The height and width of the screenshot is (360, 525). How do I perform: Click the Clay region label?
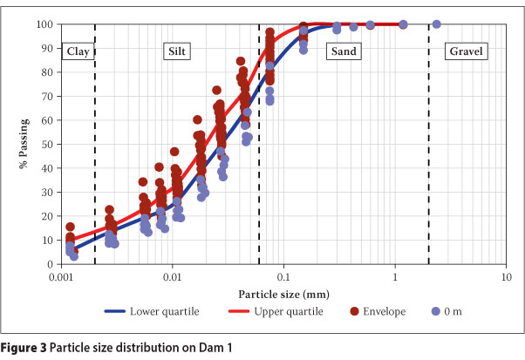click(78, 51)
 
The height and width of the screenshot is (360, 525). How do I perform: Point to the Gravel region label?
click(467, 51)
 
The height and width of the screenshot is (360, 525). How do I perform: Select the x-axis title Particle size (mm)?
click(283, 294)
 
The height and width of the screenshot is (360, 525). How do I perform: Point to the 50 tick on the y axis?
click(51, 144)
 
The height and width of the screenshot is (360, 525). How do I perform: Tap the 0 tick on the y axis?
click(53, 264)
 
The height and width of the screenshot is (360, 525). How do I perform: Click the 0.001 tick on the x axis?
click(61, 275)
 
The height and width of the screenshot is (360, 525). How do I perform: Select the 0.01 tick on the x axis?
click(173, 275)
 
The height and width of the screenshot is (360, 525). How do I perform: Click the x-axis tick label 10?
click(506, 275)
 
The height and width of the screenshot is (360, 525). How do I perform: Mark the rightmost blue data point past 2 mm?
click(436, 24)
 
